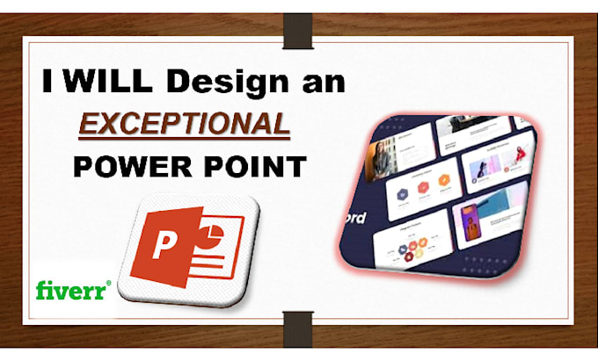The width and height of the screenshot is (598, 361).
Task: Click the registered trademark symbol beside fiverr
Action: [109, 283]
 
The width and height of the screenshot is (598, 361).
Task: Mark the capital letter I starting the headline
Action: [50, 84]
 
